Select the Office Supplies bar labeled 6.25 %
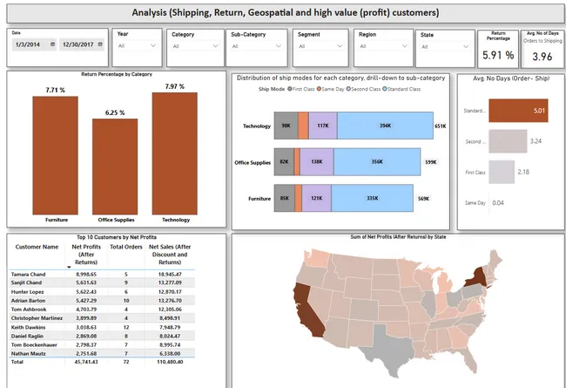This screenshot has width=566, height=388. click(115, 166)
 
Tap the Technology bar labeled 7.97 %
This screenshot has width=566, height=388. click(170, 153)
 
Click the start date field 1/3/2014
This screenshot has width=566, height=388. click(33, 44)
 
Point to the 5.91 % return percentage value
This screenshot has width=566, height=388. click(498, 55)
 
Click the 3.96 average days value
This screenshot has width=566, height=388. click(542, 57)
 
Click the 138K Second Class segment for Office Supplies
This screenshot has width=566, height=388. click(316, 162)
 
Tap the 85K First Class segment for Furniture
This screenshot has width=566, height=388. click(285, 198)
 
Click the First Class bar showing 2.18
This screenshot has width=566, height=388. click(502, 172)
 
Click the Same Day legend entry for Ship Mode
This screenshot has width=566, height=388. click(331, 89)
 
